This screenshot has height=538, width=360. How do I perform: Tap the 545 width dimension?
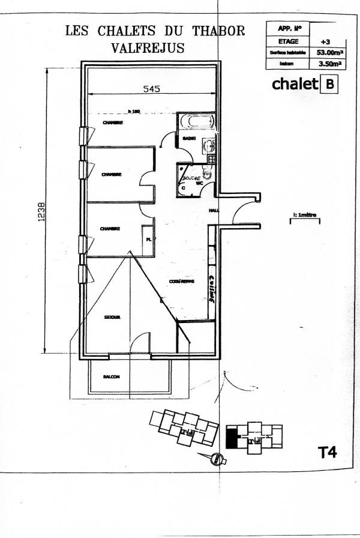tap(151, 89)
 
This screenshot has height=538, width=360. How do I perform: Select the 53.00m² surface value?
tap(329, 52)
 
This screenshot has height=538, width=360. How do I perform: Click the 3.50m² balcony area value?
tap(329, 62)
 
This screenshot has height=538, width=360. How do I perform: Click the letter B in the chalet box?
tap(329, 84)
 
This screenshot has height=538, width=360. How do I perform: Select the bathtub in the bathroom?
tap(197, 121)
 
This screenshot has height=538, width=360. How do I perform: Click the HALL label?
tap(214, 211)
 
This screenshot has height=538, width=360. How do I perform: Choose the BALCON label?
tap(111, 377)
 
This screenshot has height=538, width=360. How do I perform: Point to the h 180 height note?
tap(134, 111)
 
